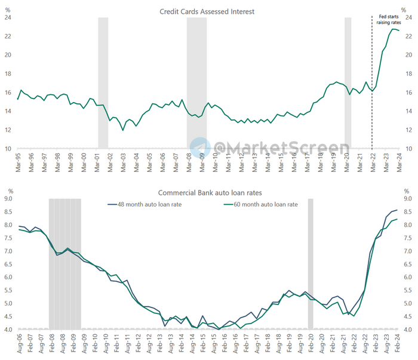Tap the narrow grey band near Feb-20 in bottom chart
tap(311, 263)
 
